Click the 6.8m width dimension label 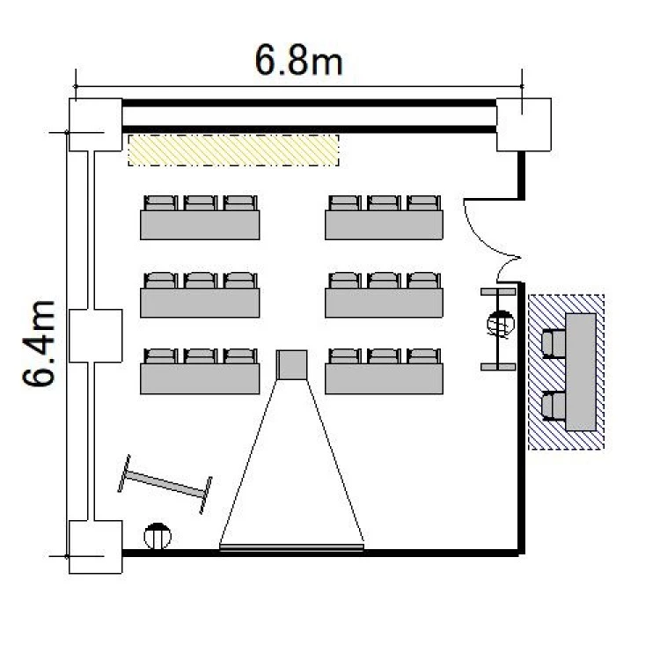(298, 61)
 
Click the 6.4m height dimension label (39, 343)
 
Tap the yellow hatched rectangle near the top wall (233, 150)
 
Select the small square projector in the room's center (291, 365)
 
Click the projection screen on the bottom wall (291, 547)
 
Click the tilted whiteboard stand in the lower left (165, 485)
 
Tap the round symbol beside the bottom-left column (158, 536)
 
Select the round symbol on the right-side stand (501, 324)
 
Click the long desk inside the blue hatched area (581, 372)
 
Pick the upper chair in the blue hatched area (554, 344)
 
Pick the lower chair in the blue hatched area (554, 406)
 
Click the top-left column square (96, 125)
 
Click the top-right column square (524, 125)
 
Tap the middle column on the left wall (96, 336)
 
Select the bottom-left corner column (96, 547)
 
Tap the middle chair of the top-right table (384, 203)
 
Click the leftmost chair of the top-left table (160, 203)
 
